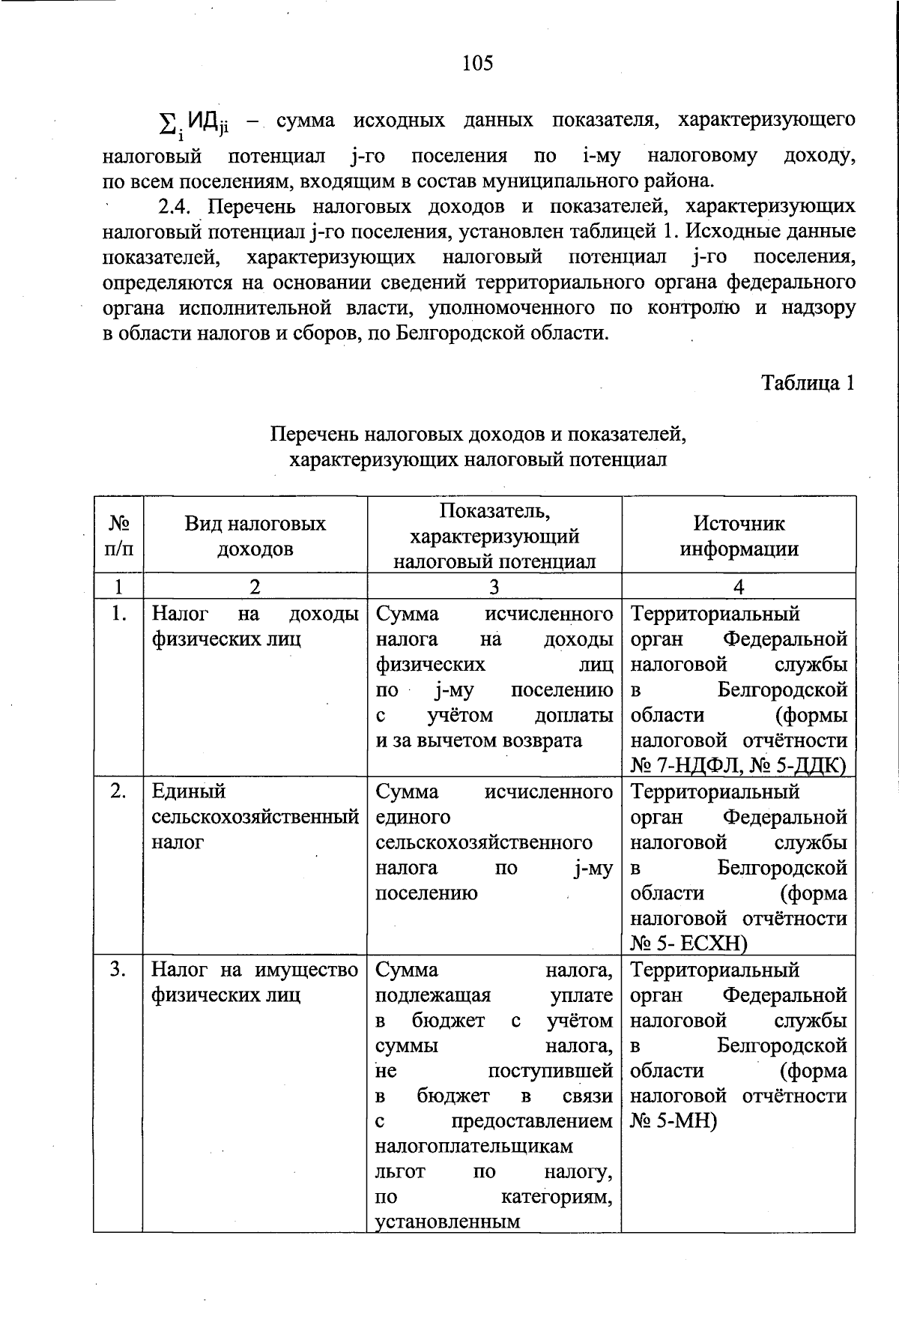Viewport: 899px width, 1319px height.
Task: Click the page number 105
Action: [478, 63]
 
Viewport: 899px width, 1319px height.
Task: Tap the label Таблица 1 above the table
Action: [808, 383]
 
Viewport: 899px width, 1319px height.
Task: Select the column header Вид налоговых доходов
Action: [255, 536]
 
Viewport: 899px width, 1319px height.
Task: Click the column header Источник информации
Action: [739, 536]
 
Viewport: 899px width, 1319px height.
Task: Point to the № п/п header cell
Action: [118, 536]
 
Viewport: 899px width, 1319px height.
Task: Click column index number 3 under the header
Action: [494, 586]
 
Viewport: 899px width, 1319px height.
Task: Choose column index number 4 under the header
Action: [739, 586]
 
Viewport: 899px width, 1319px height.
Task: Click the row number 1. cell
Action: [118, 615]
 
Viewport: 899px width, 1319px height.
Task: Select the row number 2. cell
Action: [118, 792]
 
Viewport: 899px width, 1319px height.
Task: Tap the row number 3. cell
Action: [118, 970]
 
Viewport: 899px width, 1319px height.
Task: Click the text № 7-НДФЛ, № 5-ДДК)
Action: [738, 766]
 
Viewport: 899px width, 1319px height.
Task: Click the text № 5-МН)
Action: [674, 1122]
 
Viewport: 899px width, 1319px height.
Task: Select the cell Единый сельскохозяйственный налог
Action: [255, 817]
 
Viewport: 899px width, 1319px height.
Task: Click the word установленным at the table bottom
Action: [447, 1223]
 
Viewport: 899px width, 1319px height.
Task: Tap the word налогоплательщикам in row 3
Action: [473, 1147]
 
